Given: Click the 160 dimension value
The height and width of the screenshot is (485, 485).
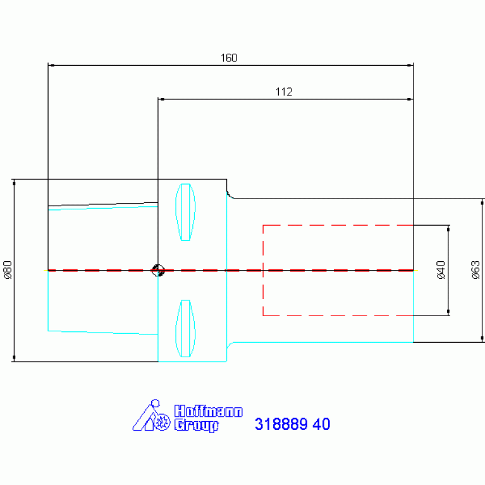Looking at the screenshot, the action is (x=229, y=58).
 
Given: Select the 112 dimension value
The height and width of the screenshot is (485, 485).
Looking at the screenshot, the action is (x=284, y=92).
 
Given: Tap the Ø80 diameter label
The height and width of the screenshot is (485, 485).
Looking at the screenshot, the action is (x=8, y=270).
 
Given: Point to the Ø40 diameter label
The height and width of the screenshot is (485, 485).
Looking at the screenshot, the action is (x=441, y=270).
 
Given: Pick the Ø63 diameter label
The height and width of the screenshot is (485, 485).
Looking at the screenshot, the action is (x=476, y=270).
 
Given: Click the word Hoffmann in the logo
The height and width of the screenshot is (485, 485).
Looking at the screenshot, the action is (x=209, y=412).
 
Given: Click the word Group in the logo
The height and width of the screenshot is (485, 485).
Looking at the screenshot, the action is (x=197, y=426).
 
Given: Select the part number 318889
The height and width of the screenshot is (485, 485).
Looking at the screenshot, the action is (x=281, y=424).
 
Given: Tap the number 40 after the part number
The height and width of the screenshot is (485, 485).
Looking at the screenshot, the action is (x=321, y=424).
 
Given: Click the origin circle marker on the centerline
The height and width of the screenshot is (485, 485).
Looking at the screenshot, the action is (x=157, y=271).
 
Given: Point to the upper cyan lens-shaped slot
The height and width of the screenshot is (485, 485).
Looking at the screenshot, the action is (x=185, y=212).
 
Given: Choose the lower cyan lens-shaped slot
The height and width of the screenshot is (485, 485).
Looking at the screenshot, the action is (x=185, y=328).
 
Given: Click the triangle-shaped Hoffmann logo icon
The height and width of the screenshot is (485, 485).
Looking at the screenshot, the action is (x=151, y=415).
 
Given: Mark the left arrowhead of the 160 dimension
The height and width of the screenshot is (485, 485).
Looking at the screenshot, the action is (x=52, y=65).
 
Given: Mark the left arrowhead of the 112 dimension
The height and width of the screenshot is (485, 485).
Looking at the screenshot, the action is (x=162, y=99).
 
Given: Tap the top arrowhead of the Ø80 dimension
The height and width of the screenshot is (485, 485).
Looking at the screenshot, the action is (x=14, y=183).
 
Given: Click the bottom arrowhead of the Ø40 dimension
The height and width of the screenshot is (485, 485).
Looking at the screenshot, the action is (x=448, y=312).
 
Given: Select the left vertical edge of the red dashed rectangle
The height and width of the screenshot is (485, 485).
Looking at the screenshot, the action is (x=263, y=271).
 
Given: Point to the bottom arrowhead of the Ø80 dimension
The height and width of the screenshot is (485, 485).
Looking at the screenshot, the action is (x=14, y=357).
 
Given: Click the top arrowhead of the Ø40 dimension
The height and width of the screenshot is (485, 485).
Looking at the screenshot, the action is (x=448, y=229).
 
